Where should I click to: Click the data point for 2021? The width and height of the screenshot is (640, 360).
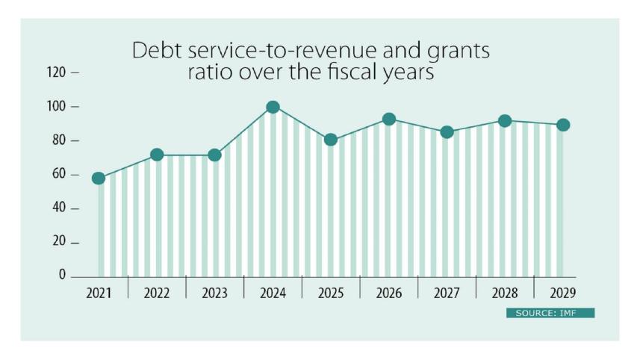pos(99,179)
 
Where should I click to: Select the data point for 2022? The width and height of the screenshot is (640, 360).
pos(157,155)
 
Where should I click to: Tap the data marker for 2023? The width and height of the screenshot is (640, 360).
pos(214,155)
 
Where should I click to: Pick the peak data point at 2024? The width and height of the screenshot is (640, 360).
pos(273,108)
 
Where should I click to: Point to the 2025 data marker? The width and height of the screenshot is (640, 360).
pos(331,140)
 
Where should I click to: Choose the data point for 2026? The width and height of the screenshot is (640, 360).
pos(389,120)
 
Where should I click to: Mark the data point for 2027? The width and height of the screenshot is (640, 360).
pos(447,132)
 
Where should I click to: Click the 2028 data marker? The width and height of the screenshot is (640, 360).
pos(505,121)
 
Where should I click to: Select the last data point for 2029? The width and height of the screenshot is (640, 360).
pos(563,125)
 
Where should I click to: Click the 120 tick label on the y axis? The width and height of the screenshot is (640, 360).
pos(57,73)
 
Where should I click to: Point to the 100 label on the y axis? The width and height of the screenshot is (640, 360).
pos(57,108)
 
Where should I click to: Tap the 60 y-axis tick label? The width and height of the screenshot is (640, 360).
pos(60,175)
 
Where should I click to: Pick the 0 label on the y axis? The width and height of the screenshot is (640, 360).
pos(63,276)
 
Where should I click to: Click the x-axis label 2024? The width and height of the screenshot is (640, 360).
pos(273,294)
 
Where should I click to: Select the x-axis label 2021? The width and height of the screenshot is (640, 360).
pos(99,294)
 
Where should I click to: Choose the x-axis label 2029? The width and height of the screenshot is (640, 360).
pos(563,294)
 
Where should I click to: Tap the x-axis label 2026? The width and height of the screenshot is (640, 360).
pos(389,294)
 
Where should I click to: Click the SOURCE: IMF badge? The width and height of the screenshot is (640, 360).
pos(550,313)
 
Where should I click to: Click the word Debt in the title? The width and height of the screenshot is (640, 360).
pos(154,52)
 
